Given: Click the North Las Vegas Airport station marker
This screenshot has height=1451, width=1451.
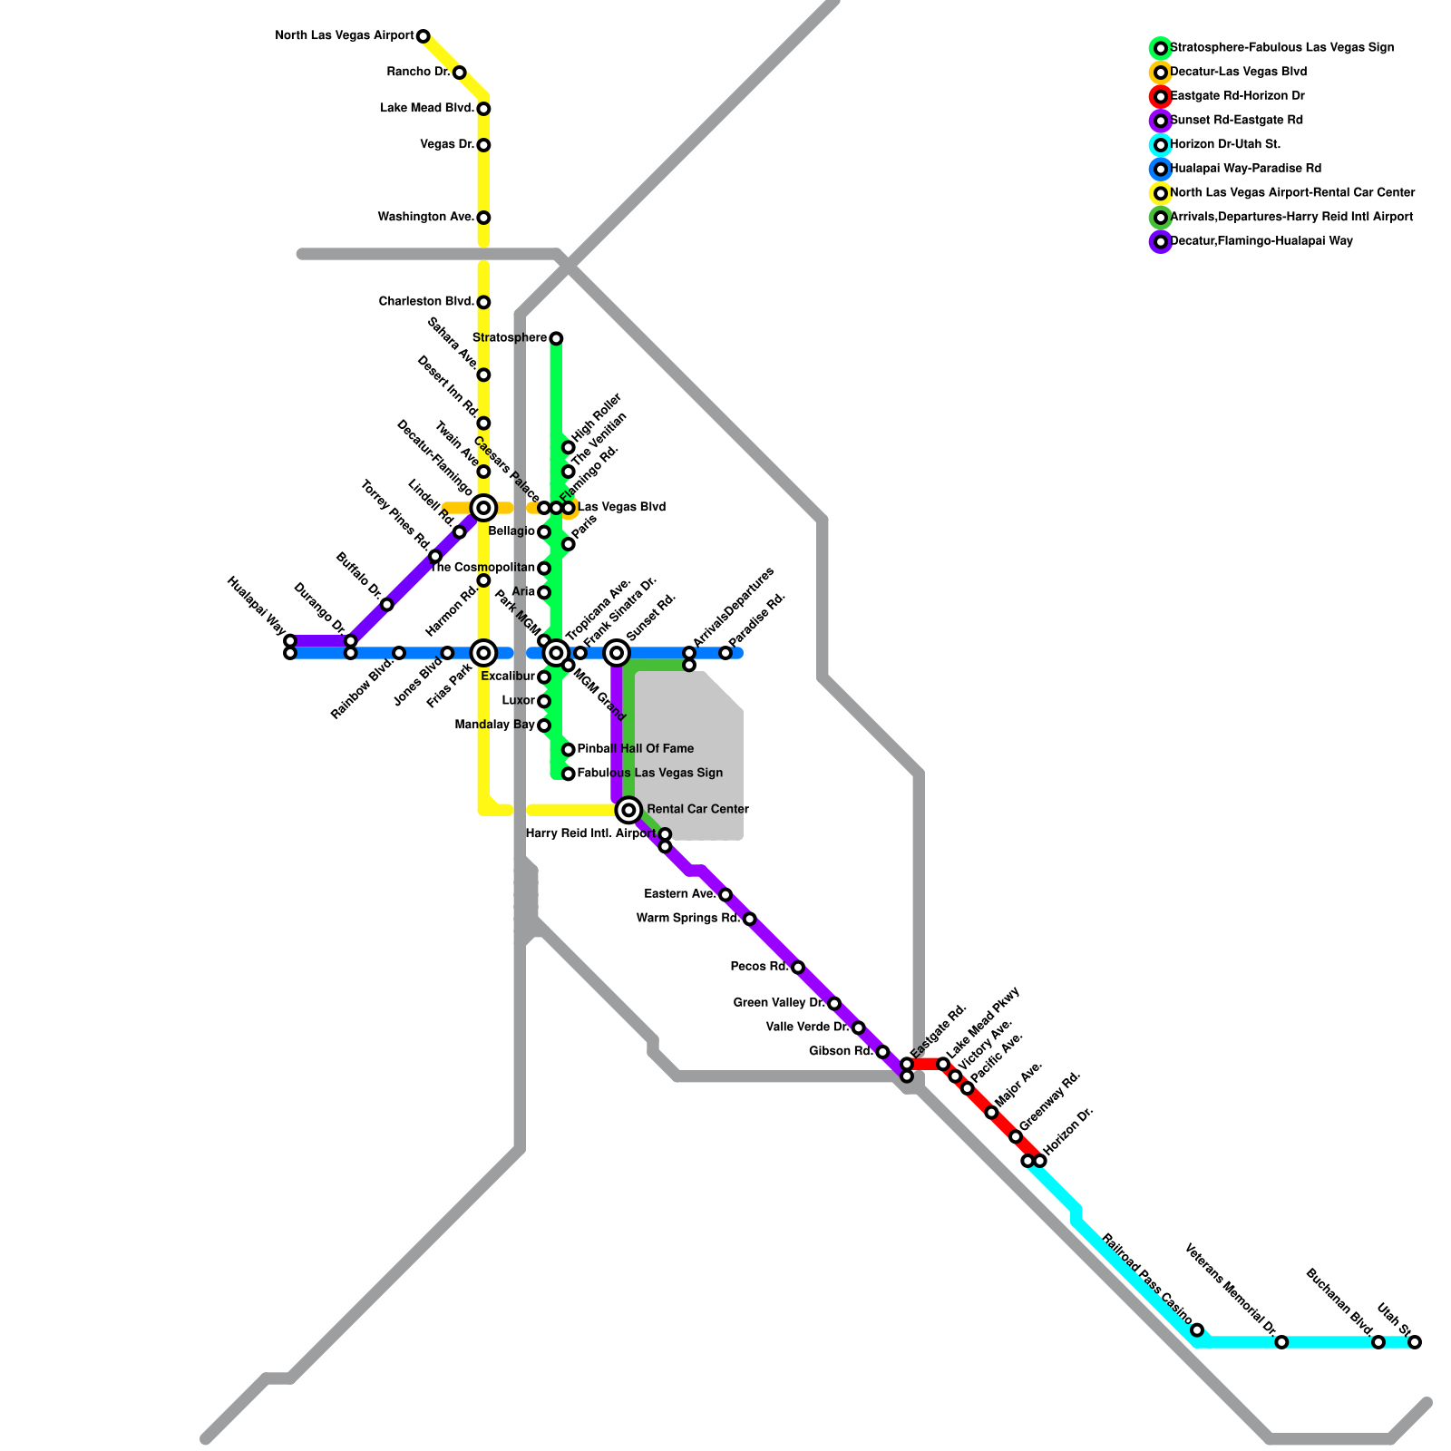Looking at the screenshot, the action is [x=423, y=36].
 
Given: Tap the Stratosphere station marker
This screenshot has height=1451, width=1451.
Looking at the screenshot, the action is [x=556, y=338].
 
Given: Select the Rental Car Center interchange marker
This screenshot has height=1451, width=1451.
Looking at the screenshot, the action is [x=628, y=810].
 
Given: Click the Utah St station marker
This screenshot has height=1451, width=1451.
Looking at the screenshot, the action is [x=1415, y=1342].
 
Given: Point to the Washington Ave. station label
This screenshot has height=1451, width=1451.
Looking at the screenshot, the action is [x=426, y=218].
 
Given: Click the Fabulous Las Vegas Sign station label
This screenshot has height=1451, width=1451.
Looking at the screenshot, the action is [x=649, y=774].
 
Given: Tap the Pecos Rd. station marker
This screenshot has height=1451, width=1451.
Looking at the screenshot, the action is [x=798, y=968].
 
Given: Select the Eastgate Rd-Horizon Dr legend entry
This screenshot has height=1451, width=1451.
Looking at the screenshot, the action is [x=1237, y=96].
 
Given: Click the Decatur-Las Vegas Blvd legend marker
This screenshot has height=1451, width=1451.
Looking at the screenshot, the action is [x=1161, y=72].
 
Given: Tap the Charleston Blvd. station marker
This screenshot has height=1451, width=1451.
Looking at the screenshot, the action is [x=483, y=302].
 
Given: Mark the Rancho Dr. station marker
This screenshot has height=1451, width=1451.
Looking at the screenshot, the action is [x=460, y=73].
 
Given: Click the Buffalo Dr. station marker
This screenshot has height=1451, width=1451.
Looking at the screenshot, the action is [x=387, y=605].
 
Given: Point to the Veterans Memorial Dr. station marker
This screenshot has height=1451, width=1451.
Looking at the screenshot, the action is [x=1281, y=1342].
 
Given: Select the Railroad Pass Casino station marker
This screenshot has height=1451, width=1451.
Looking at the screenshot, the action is [x=1197, y=1330].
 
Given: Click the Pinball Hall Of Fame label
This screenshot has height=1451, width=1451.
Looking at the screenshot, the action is [x=635, y=749].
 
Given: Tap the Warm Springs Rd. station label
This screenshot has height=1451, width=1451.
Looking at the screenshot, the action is [x=688, y=919].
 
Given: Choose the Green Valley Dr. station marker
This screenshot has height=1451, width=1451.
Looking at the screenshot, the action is [x=834, y=1003].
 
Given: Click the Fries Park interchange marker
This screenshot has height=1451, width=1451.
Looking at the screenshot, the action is [x=483, y=653].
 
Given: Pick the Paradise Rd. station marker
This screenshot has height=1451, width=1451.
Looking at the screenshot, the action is [x=725, y=653].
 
